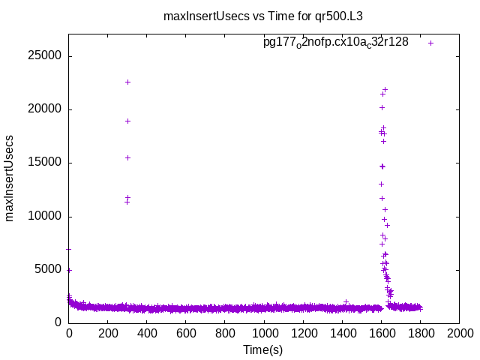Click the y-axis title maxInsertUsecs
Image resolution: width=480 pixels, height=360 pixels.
[10, 178]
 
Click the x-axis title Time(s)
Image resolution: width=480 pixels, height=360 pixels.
[262, 349]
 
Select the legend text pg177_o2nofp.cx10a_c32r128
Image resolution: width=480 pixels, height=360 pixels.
[335, 43]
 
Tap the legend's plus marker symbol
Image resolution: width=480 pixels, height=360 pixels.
[431, 43]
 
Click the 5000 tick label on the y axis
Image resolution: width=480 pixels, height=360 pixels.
[49, 269]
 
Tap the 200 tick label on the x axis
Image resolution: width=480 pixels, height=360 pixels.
[108, 333]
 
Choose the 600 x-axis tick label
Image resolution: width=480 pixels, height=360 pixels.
[186, 333]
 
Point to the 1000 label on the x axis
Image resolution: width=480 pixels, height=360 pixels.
[264, 333]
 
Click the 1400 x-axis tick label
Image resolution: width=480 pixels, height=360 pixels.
[342, 333]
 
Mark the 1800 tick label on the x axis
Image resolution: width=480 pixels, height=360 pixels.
[420, 333]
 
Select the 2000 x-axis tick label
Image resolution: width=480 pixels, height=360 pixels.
[459, 333]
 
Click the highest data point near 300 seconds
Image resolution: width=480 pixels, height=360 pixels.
[128, 82]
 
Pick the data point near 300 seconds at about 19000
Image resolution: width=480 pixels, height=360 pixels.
[128, 121]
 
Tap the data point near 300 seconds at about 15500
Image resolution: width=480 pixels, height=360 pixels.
[128, 157]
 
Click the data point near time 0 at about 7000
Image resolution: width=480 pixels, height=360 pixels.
[69, 249]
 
